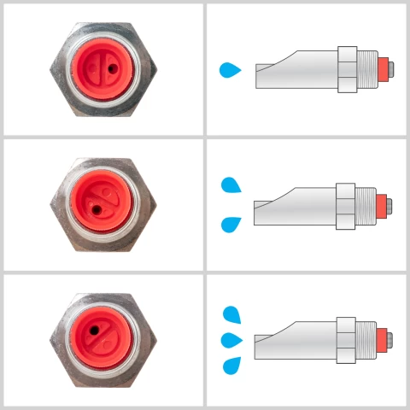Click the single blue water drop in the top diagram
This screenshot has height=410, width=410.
click(x=230, y=69)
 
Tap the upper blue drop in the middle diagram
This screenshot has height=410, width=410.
click(x=231, y=184)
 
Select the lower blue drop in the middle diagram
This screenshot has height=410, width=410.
click(x=231, y=225)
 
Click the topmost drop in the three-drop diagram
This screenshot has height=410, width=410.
click(x=231, y=315)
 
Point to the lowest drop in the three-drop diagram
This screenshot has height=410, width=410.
click(x=231, y=366)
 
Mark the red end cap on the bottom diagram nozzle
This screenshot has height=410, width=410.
click(x=383, y=340)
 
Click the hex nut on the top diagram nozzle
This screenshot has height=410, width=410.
click(x=347, y=69)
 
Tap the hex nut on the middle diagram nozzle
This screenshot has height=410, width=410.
click(x=346, y=205)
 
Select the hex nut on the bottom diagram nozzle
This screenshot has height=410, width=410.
click(x=346, y=340)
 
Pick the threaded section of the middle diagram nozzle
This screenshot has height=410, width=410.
click(x=366, y=205)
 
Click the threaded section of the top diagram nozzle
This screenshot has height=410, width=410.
click(x=366, y=69)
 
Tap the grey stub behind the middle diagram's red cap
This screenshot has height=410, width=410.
click(x=389, y=205)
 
